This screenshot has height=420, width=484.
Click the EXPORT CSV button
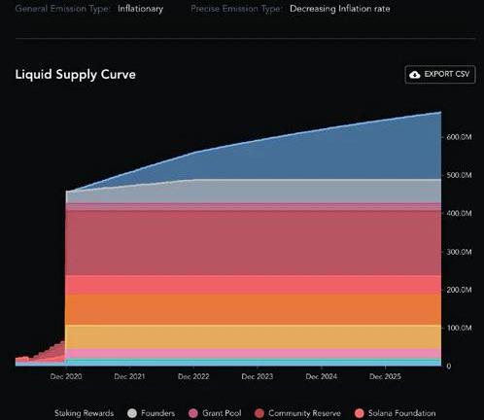pyautogui.click(x=440, y=75)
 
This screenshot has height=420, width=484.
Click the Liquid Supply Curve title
pyautogui.click(x=76, y=75)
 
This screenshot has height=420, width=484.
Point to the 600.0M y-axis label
pyautogui.click(x=459, y=137)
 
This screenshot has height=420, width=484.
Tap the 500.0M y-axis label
pyautogui.click(x=459, y=175)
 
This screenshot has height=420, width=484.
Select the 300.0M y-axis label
pyautogui.click(x=459, y=252)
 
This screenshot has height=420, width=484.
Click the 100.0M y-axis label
pyautogui.click(x=459, y=328)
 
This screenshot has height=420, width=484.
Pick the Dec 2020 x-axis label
pyautogui.click(x=66, y=376)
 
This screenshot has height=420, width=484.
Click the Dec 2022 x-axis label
pyautogui.click(x=193, y=376)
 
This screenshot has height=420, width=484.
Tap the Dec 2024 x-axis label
pyautogui.click(x=322, y=376)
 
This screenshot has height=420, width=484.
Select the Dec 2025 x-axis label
pyautogui.click(x=385, y=376)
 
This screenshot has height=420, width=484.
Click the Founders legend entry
pyautogui.click(x=151, y=413)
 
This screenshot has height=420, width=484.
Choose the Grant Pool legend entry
pyautogui.click(x=215, y=413)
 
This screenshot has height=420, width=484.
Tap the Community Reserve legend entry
pyautogui.click(x=297, y=413)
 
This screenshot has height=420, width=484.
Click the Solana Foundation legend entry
pyautogui.click(x=395, y=413)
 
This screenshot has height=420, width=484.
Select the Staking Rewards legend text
pyautogui.click(x=84, y=413)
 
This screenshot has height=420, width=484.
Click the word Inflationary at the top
pyautogui.click(x=140, y=9)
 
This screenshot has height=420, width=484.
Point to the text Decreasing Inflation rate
pyautogui.click(x=340, y=9)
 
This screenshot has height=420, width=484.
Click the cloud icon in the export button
pyautogui.click(x=415, y=75)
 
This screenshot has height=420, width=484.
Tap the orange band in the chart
pyautogui.click(x=253, y=309)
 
